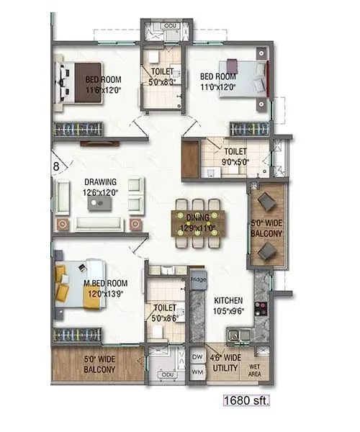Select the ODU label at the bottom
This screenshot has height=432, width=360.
tap(168, 374)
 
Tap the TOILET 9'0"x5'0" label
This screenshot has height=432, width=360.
tap(235, 157)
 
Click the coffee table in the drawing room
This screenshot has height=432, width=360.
tap(100, 204)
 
